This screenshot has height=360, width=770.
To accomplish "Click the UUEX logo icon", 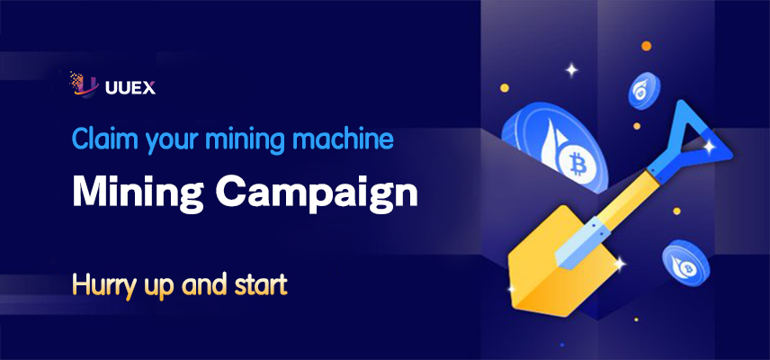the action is (x=84, y=85).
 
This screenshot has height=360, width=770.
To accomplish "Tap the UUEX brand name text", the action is (x=130, y=88).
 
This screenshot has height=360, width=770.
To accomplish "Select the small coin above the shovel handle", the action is (x=644, y=90).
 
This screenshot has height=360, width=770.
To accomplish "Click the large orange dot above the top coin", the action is (x=646, y=46).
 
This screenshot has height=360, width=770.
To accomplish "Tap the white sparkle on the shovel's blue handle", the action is (x=709, y=146).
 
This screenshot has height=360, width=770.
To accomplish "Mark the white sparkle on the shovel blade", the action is (x=619, y=264).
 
